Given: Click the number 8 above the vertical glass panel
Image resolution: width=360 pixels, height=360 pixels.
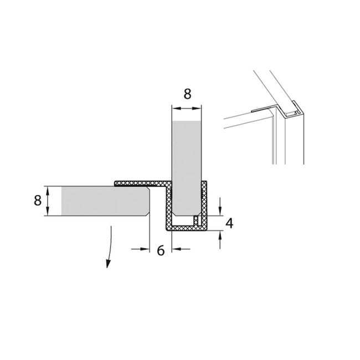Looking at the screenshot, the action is click(x=187, y=94).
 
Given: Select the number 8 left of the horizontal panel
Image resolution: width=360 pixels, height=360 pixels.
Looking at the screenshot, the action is click(x=38, y=200).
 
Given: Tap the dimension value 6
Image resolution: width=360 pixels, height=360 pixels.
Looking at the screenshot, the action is click(x=161, y=250).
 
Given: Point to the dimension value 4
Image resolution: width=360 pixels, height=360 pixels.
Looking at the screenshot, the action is click(x=229, y=223).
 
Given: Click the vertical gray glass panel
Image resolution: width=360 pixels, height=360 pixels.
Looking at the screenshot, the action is click(x=187, y=168).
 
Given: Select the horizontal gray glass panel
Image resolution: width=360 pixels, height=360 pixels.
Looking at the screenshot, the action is click(x=105, y=201).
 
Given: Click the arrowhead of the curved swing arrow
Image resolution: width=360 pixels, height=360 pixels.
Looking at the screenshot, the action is click(x=108, y=264).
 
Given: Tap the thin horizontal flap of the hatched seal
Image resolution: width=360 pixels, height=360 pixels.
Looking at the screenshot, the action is click(x=140, y=183).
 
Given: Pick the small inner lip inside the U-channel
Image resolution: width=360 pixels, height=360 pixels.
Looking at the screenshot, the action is click(x=196, y=220).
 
